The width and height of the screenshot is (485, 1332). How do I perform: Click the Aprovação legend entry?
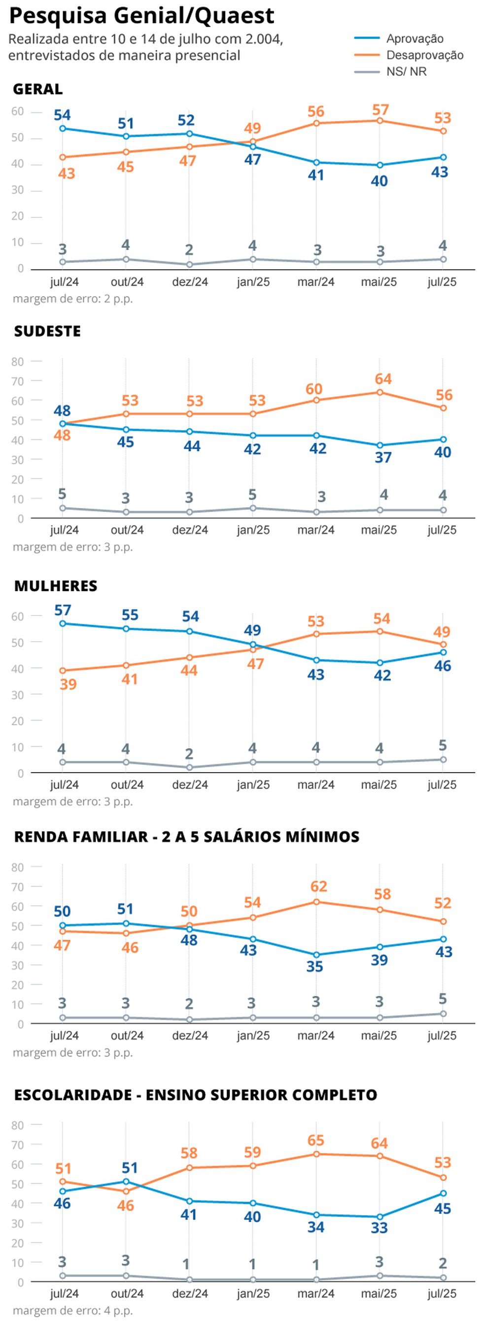414,39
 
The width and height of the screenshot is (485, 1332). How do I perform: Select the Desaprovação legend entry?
424,55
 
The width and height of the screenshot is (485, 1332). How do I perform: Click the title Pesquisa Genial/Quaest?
141,16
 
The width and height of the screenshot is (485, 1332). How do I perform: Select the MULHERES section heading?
56,586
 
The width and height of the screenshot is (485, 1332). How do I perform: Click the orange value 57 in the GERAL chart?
381,110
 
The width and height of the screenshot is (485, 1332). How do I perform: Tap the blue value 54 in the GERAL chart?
63,115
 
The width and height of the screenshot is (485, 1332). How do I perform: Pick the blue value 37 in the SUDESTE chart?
383,458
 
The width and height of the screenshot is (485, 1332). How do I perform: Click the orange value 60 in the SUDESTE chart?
314,389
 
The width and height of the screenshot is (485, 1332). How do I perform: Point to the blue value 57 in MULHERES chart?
63,610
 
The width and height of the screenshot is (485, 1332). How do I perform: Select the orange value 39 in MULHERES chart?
68,684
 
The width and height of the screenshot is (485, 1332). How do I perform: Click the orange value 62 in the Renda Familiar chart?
318,887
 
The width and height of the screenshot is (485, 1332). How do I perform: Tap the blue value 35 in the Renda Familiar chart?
314,966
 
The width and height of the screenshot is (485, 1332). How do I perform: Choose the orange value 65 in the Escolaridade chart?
315,1140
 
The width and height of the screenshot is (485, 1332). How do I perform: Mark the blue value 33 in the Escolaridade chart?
379,1228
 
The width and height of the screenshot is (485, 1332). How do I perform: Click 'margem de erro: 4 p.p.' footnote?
73,1311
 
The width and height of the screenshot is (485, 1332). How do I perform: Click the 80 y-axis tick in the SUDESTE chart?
18,361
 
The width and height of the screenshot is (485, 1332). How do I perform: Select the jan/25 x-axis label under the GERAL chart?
253,282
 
